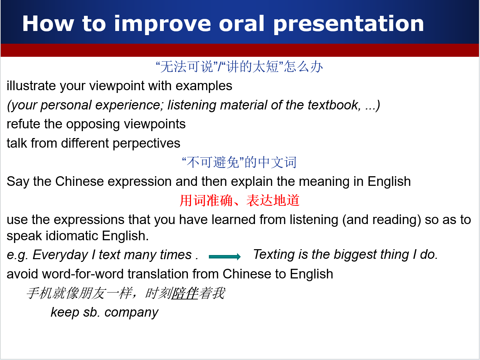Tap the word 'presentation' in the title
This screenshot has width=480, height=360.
[349, 25]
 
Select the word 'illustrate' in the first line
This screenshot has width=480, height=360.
[31, 85]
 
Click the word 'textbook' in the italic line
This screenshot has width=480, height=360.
[334, 105]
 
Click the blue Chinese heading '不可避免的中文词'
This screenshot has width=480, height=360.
[239, 162]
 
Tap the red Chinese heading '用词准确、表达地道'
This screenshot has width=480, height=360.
[239, 201]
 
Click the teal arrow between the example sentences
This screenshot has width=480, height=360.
[225, 256]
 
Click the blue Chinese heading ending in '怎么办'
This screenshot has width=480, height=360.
[239, 67]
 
